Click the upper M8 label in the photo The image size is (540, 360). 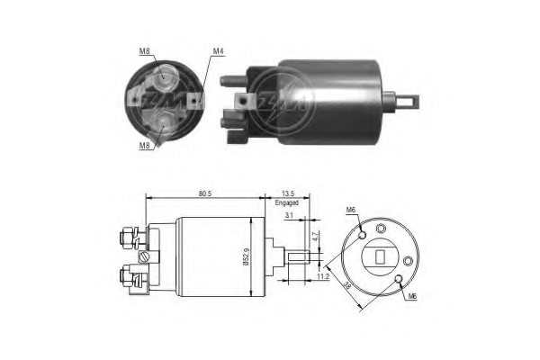pos(146,51)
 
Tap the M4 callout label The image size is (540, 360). pos(217,51)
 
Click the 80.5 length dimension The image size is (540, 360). pos(207,192)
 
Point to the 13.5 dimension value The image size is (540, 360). pos(288,192)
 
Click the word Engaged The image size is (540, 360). pos(288,203)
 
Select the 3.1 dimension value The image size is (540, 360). pos(288,216)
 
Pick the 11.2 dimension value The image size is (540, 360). pos(322,279)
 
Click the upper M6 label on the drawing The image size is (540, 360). pos(351,211)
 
